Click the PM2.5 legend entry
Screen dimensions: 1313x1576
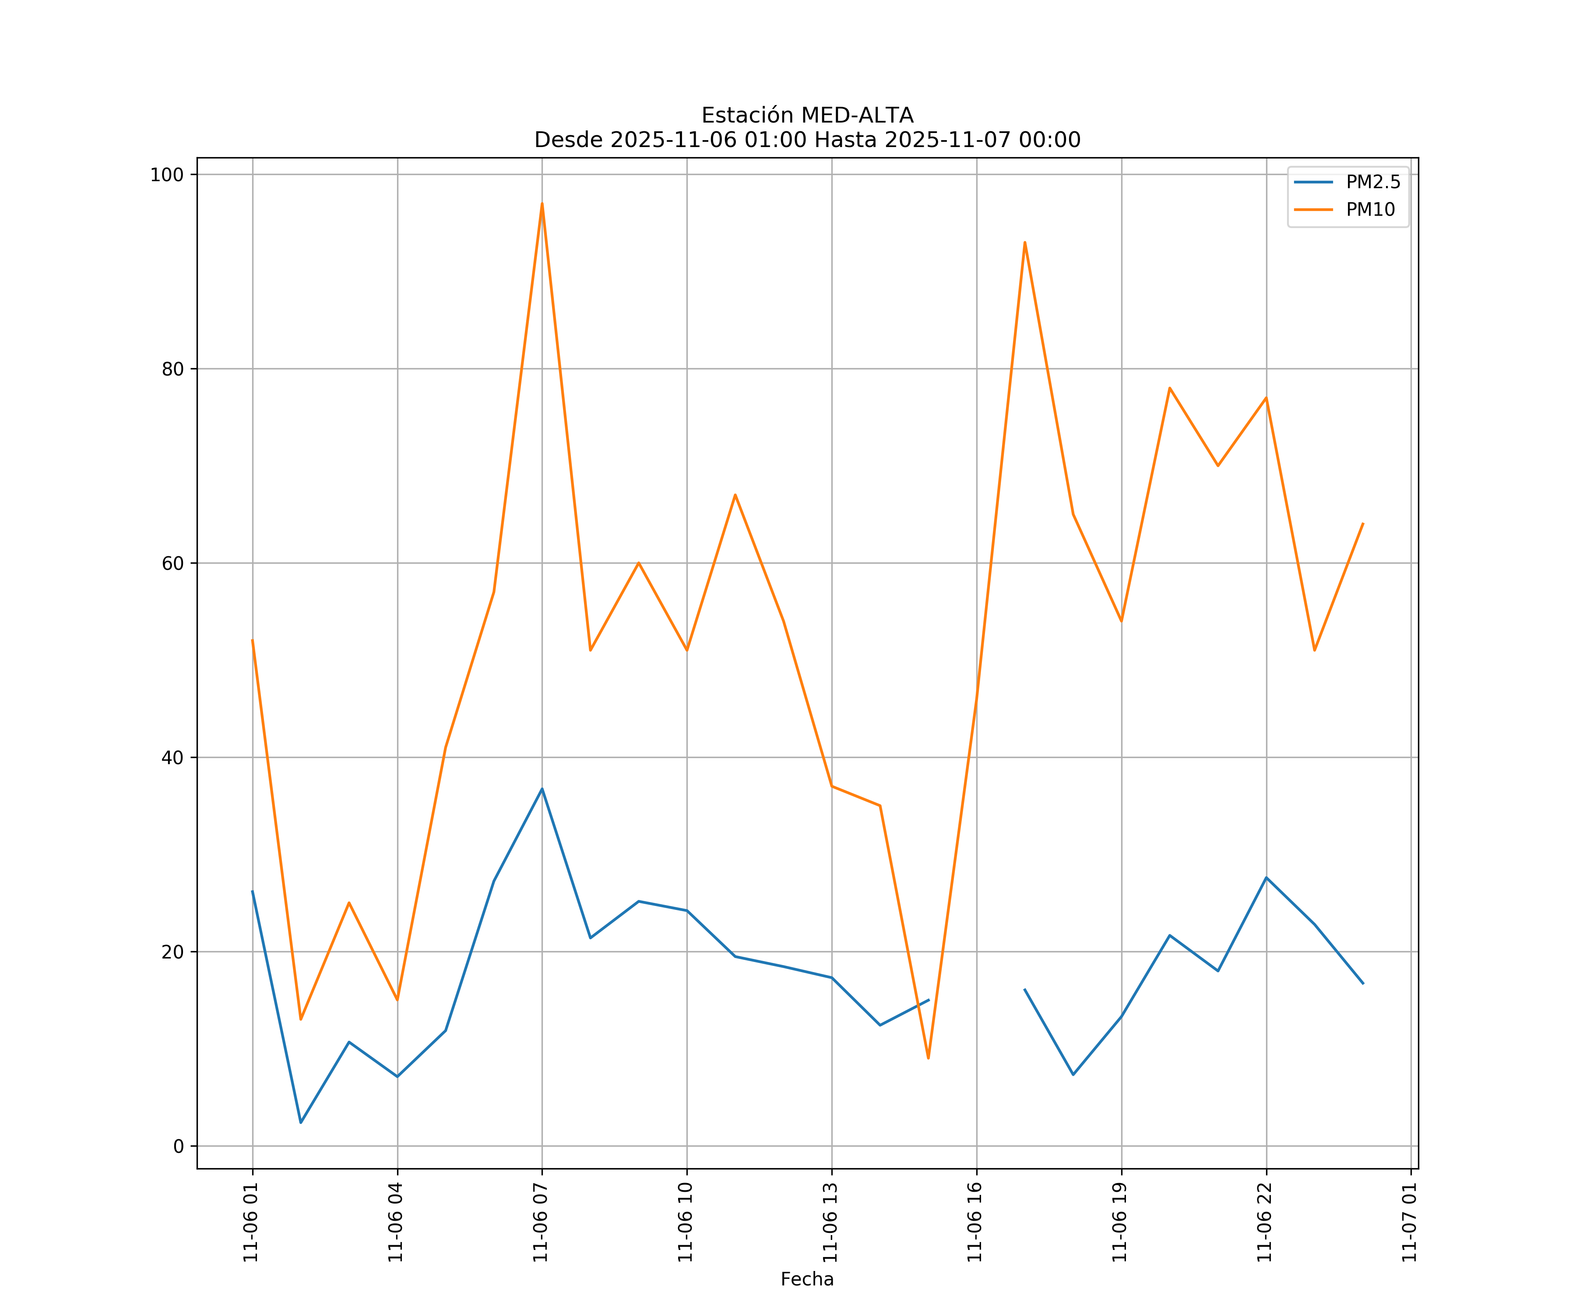tap(1372, 183)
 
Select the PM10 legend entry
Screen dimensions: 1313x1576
tap(1370, 210)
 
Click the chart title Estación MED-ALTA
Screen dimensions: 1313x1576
tap(807, 116)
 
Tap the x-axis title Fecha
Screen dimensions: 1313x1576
tap(807, 1279)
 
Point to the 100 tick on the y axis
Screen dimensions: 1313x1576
tap(167, 175)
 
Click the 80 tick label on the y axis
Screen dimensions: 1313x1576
tap(172, 369)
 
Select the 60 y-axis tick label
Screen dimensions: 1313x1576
tap(172, 563)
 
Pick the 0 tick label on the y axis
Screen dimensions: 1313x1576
tap(179, 1146)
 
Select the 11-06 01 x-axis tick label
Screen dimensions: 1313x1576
tap(251, 1222)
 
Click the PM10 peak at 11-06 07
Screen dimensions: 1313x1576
tap(542, 204)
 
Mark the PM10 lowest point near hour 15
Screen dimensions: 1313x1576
tap(929, 1059)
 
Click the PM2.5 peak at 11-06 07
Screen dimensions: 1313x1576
tap(542, 789)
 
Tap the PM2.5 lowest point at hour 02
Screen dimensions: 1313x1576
tap(301, 1123)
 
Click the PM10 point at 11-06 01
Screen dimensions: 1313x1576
tap(252, 640)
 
